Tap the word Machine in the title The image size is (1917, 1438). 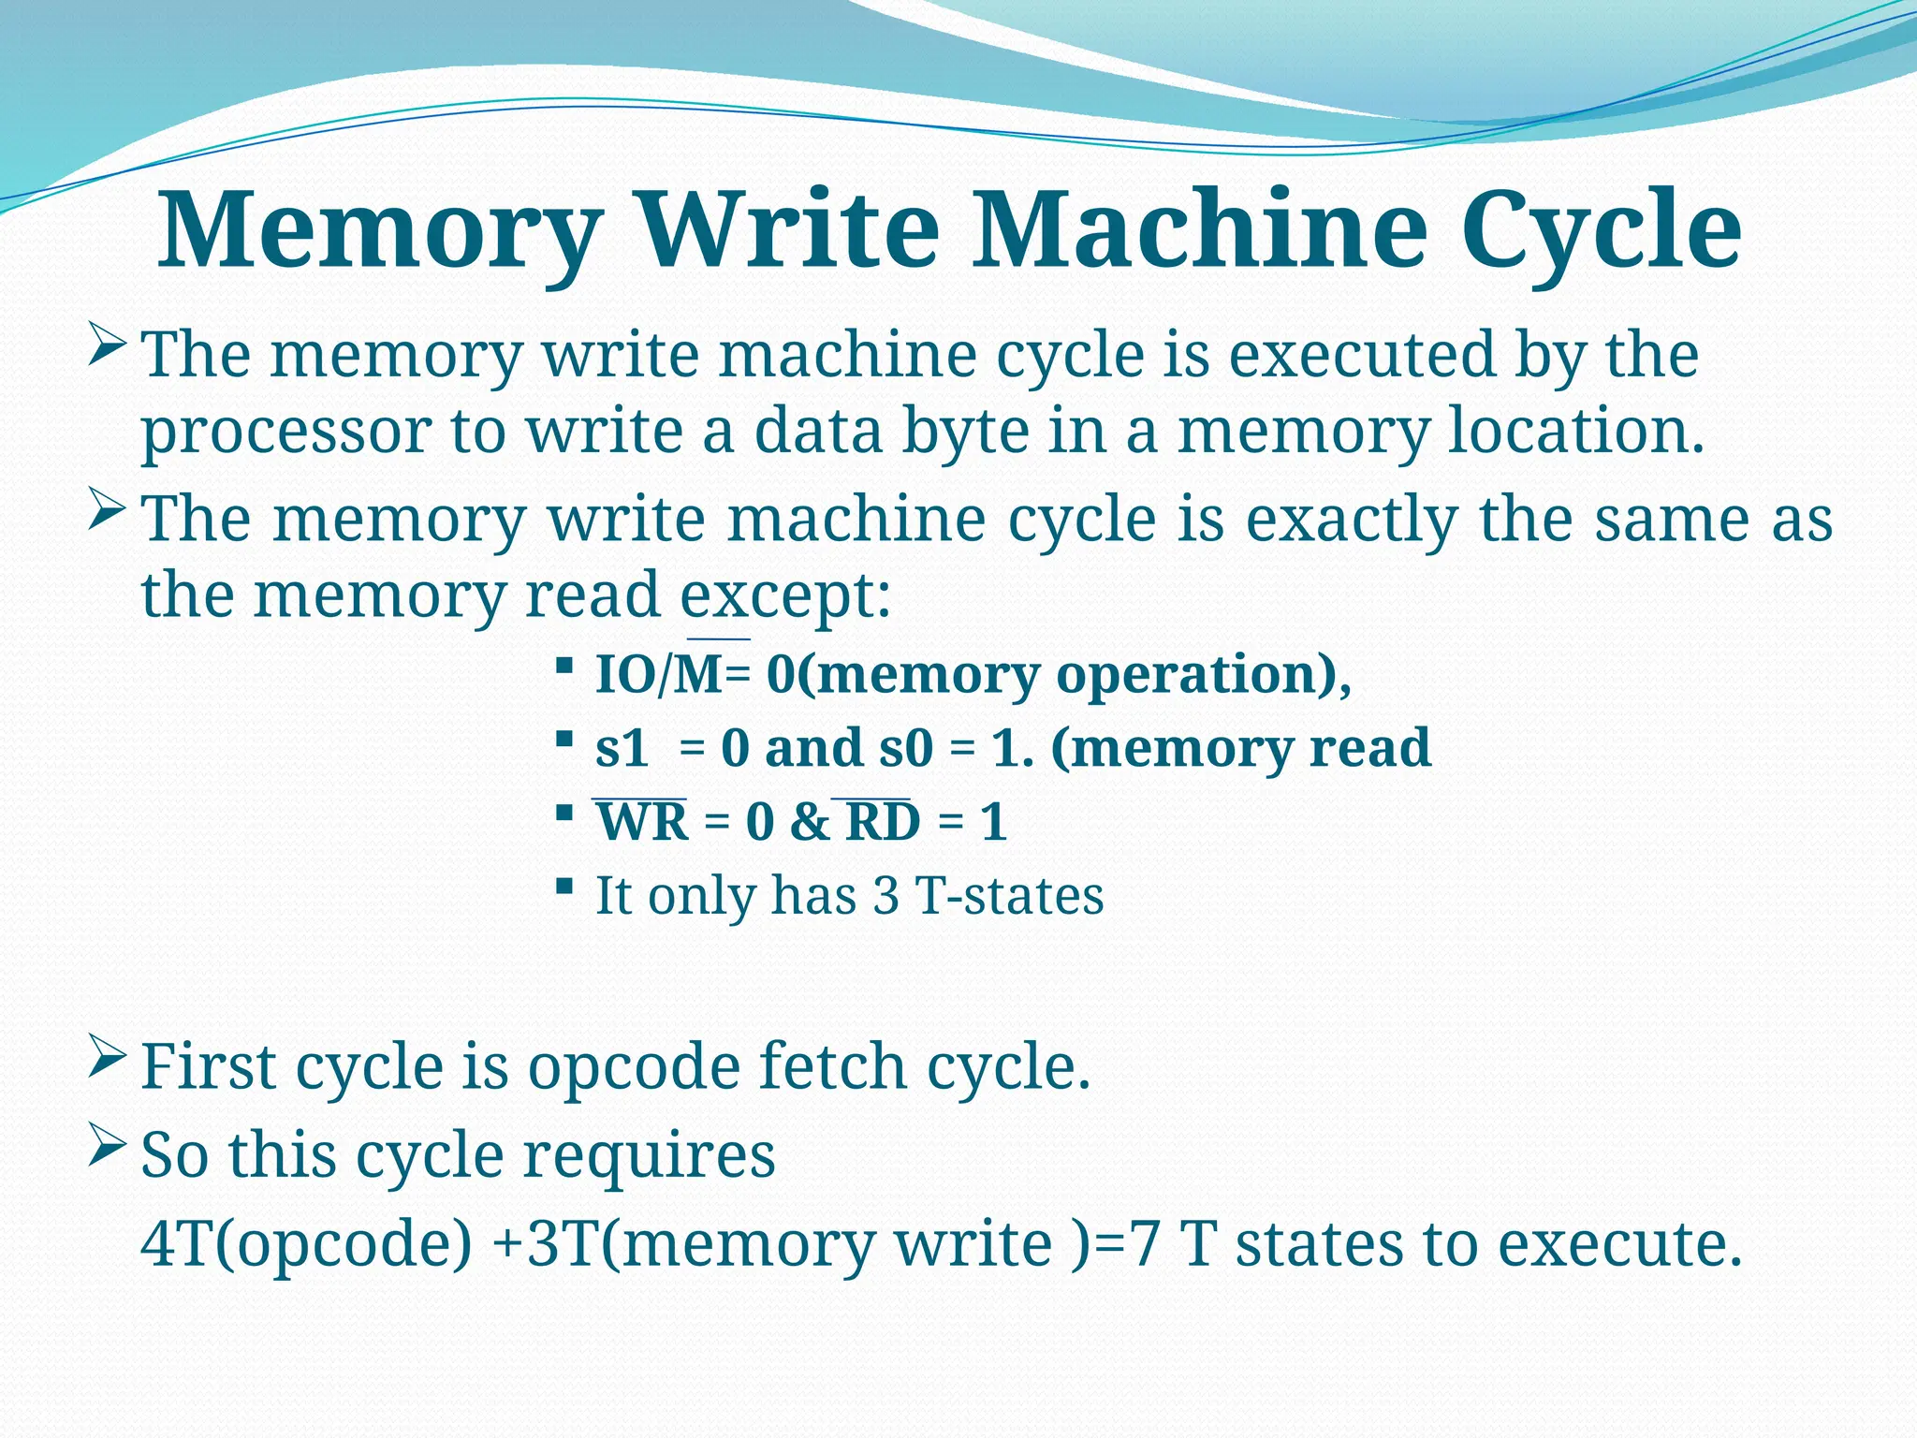coord(1200,230)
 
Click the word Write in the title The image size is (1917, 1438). coord(790,230)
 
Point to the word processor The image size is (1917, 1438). coord(286,433)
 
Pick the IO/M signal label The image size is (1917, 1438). coord(659,674)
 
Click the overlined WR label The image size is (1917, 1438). coord(642,822)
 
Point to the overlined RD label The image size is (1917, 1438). coord(883,822)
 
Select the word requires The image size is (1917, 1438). coord(649,1155)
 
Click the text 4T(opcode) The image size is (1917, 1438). coord(307,1245)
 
